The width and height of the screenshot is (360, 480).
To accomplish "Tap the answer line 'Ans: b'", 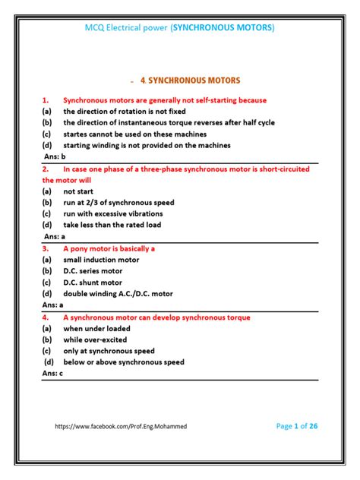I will pos(55,156).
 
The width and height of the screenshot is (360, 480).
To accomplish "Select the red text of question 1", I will pos(165,99).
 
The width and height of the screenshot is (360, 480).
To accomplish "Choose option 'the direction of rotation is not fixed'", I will pos(124,111).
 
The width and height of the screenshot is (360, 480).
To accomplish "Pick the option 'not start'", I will pos(79,192).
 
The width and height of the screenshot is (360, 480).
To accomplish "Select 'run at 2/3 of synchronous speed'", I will pos(118,203).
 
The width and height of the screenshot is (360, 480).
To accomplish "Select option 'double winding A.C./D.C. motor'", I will pos(118,293).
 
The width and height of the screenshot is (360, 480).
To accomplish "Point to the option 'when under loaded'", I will pos(96,329).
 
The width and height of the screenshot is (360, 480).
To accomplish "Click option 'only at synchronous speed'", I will pos(109,351).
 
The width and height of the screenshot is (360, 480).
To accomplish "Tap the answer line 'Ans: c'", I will pos(53,374).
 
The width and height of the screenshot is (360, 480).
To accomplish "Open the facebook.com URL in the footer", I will pos(121,427).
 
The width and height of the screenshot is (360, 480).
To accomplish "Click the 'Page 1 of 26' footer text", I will pos(297,426).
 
